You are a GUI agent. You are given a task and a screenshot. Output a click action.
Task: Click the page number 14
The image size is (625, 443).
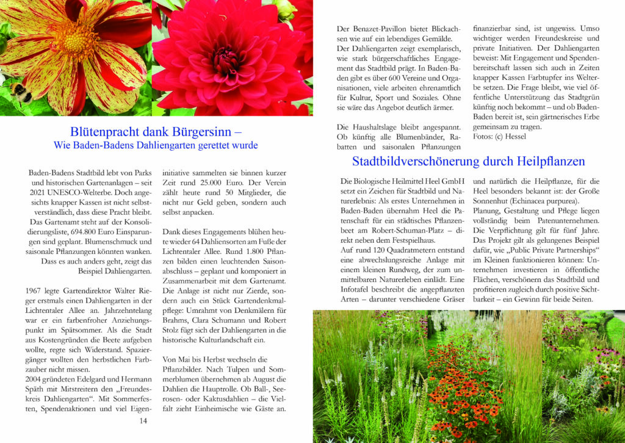(x=143, y=420)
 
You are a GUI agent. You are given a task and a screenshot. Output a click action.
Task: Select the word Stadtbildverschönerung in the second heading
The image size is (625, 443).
(x=425, y=162)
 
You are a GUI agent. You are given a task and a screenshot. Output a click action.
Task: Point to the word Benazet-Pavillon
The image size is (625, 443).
(x=376, y=29)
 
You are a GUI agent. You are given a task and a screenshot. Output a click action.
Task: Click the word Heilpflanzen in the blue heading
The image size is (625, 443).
(x=542, y=162)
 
